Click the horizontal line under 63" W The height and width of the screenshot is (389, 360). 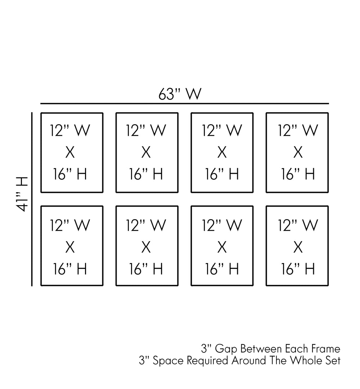tap(184, 104)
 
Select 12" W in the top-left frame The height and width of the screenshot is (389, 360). tap(70, 131)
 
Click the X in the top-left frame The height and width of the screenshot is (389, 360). tap(70, 153)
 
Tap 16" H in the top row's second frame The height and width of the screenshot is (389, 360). tap(146, 175)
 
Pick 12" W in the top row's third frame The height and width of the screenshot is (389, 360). tap(222, 131)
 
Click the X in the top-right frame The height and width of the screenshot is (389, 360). tap(298, 153)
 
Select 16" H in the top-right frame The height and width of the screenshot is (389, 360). tap(298, 175)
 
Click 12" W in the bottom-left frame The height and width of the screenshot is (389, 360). tap(70, 226)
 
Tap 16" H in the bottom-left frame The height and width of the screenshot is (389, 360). tap(70, 269)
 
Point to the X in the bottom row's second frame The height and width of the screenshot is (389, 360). tap(146, 248)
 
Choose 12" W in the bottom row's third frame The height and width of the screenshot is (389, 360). tap(222, 226)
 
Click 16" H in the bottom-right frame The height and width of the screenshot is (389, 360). tap(298, 269)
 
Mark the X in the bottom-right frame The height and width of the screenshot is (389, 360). tap(298, 248)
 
